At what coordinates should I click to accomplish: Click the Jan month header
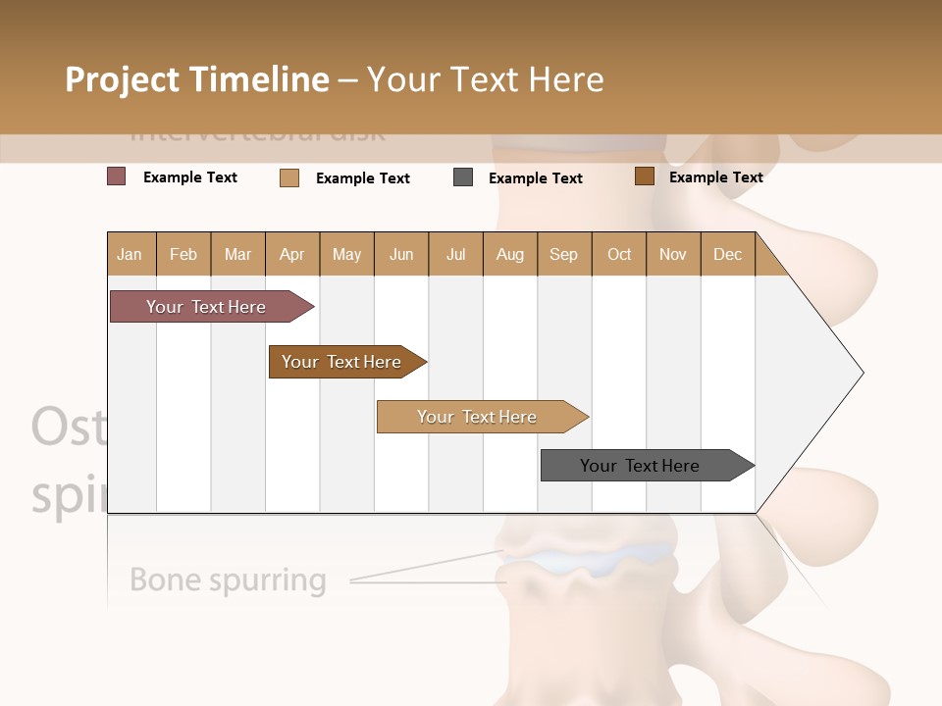[x=130, y=254]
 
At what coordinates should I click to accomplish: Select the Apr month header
[x=292, y=254]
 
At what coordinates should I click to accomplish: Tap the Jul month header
[x=455, y=254]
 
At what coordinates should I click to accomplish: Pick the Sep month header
[x=563, y=254]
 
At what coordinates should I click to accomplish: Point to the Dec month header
[x=727, y=254]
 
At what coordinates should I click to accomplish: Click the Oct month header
[x=619, y=254]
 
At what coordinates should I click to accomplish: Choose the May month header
[x=346, y=254]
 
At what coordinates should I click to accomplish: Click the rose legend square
[x=117, y=176]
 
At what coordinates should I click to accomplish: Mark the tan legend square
[x=289, y=177]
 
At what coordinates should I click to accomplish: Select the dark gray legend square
[x=463, y=177]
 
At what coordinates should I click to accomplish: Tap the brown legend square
[x=644, y=176]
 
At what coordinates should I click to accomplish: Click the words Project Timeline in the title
[x=197, y=79]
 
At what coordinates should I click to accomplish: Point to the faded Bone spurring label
[x=228, y=580]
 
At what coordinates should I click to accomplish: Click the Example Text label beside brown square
[x=715, y=176]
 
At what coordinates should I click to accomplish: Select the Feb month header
[x=183, y=254]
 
